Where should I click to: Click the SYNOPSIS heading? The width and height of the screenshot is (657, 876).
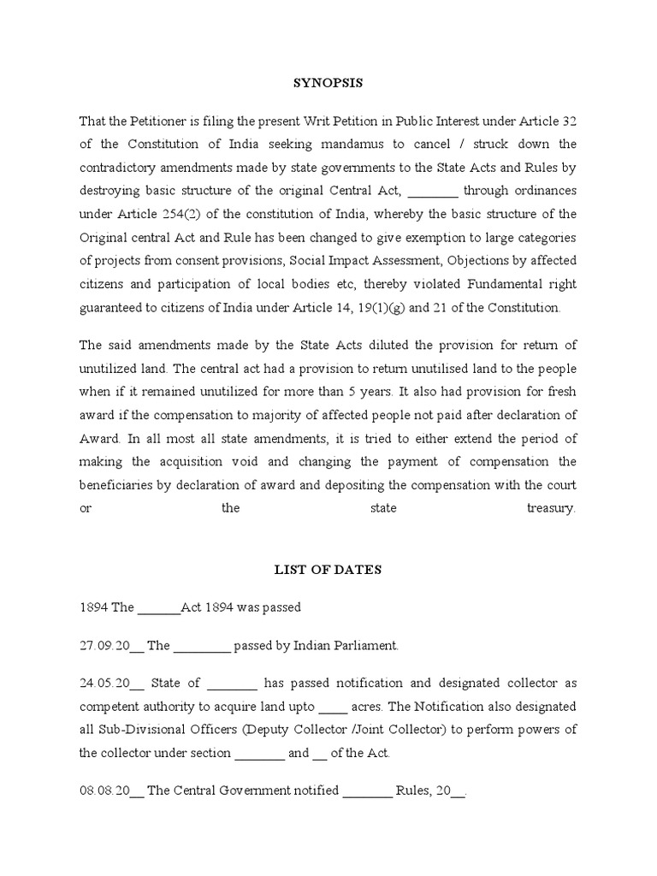[x=328, y=83]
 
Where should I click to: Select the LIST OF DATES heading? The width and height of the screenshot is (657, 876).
[x=328, y=569]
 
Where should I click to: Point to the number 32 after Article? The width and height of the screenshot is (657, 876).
[x=569, y=120]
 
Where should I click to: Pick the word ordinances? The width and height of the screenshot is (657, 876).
[x=543, y=190]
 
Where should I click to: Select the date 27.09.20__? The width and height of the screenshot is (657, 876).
[x=111, y=646]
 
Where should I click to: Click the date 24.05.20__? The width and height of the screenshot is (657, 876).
[x=111, y=683]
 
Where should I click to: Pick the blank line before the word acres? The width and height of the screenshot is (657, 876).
[x=333, y=707]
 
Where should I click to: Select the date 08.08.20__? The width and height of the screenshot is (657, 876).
[x=111, y=790]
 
